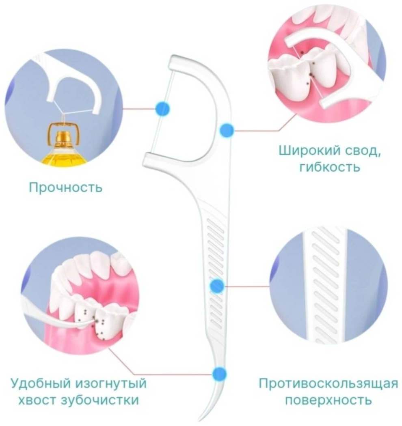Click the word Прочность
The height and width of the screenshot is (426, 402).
[66, 187]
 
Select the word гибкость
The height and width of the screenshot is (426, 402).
[330, 167]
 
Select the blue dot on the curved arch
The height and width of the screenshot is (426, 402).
[227, 130]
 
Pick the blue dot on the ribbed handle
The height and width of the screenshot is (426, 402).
[218, 286]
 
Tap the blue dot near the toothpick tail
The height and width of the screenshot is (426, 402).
[219, 374]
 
